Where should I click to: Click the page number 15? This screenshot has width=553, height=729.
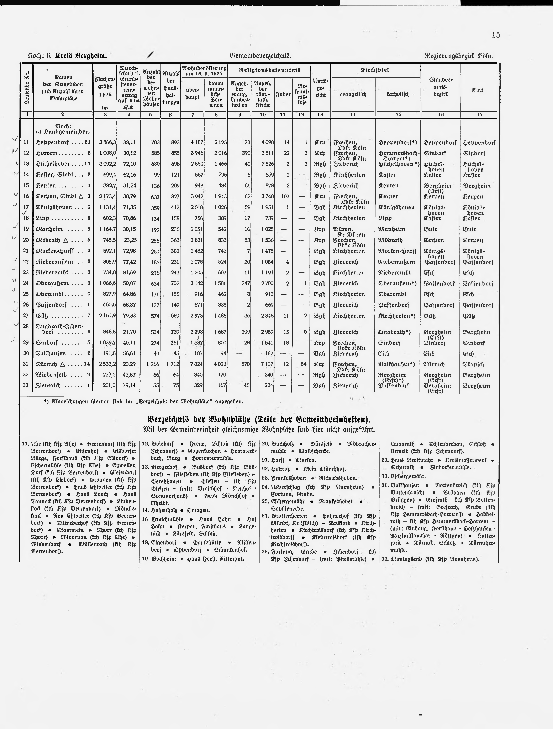coord(496,35)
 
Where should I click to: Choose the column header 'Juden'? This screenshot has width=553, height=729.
coord(283,94)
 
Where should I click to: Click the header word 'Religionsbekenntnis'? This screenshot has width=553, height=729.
coord(269,70)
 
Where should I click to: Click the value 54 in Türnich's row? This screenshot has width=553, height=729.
coord(303,364)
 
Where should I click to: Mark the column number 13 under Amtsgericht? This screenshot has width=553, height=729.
coord(320,115)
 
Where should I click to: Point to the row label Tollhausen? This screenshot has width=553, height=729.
coord(51,354)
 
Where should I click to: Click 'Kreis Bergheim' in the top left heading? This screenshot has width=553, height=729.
coord(81,56)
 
